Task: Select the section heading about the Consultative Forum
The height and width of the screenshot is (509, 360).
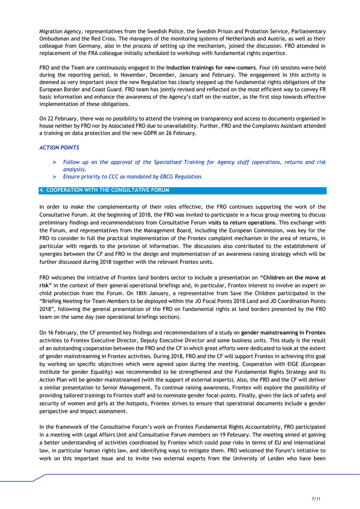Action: pos(104,190)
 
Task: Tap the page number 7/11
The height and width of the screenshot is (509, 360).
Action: pos(317,499)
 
